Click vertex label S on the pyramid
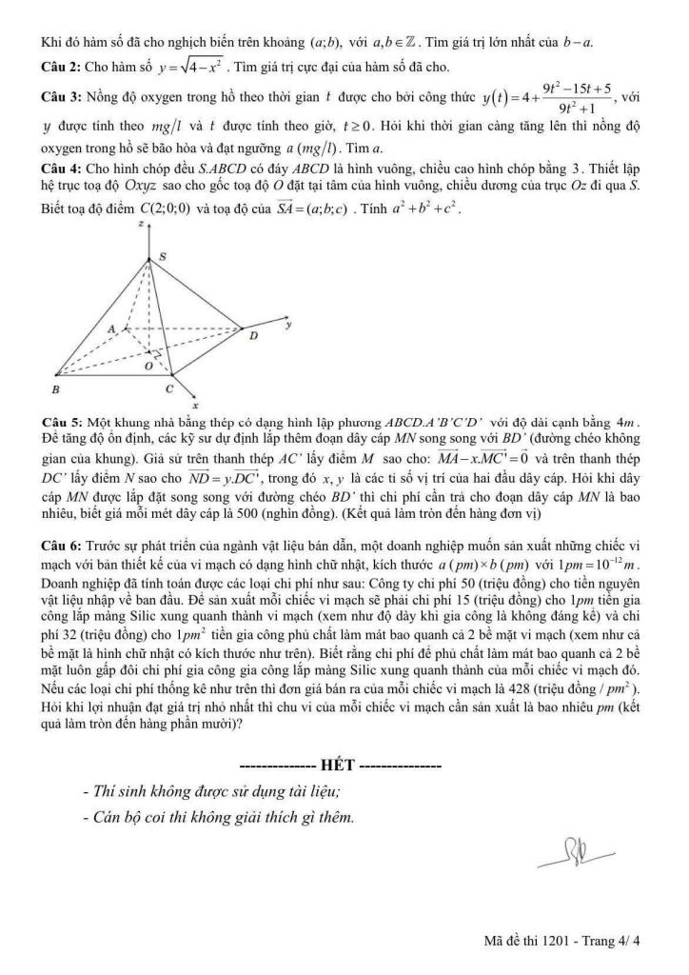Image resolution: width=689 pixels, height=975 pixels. point(162,256)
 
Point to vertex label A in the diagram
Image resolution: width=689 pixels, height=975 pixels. point(110,328)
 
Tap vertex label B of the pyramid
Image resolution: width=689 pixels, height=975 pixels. point(56,390)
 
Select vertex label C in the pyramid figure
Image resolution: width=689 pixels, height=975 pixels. point(169,389)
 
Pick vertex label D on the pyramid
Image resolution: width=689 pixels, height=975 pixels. point(252,335)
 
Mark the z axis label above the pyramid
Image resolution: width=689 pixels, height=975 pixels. point(140,223)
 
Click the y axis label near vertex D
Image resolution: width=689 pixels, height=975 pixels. point(286,325)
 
